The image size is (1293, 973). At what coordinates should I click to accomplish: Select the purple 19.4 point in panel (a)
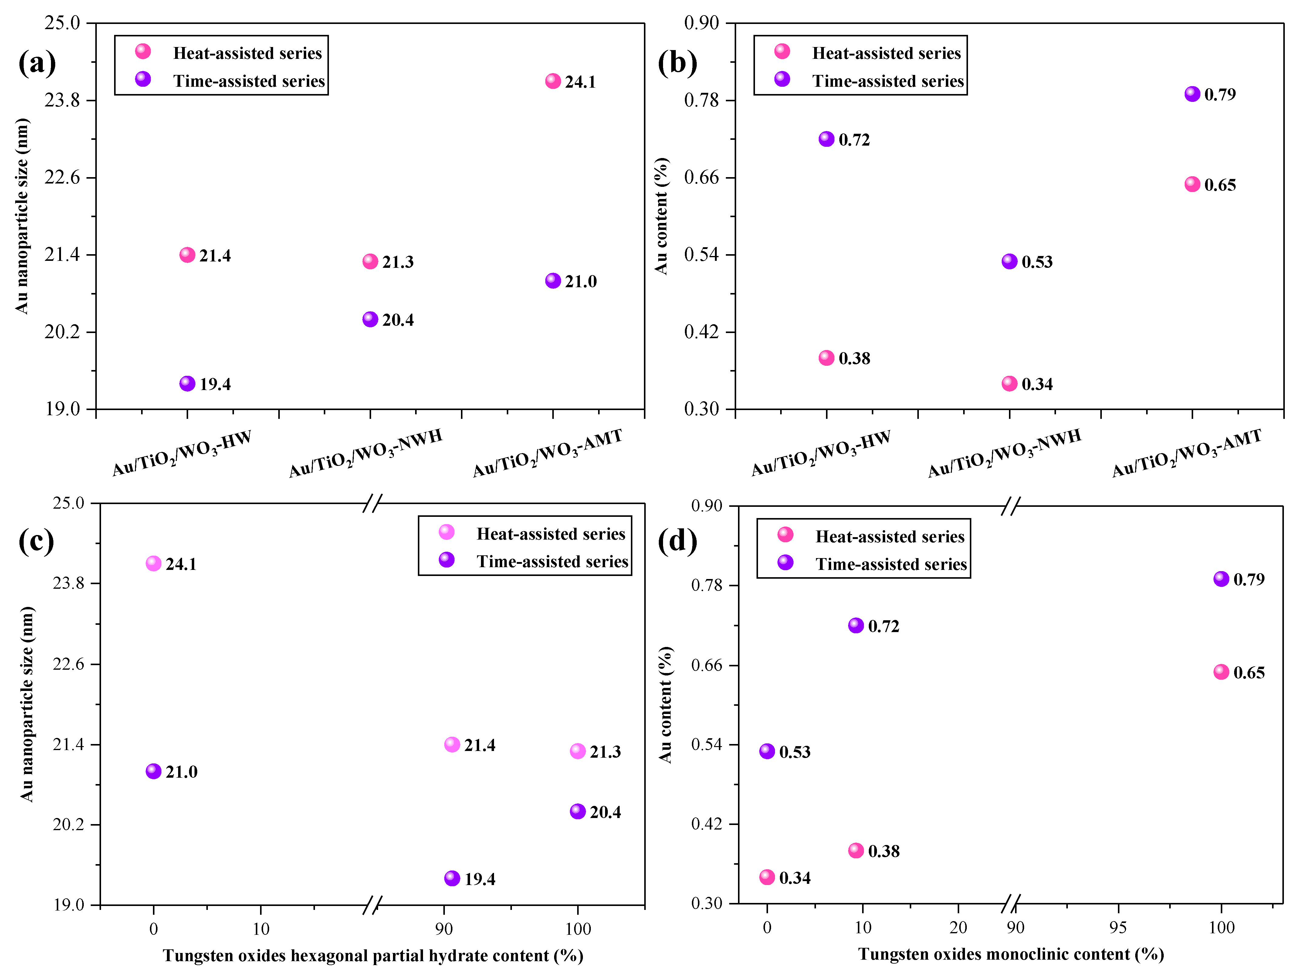point(187,383)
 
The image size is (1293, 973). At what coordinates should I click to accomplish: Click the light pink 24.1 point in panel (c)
point(153,563)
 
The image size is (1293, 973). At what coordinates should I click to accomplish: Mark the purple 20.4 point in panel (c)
point(577,811)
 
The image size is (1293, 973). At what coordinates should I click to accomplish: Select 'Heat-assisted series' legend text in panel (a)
point(247,53)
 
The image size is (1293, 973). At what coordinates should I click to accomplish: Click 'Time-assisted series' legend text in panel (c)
point(552,562)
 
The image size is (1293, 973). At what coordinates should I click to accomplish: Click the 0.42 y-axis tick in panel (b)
point(702,332)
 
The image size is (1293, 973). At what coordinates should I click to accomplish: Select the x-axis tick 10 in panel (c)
point(261,929)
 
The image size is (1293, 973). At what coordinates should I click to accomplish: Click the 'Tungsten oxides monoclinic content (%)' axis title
point(1011,954)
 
